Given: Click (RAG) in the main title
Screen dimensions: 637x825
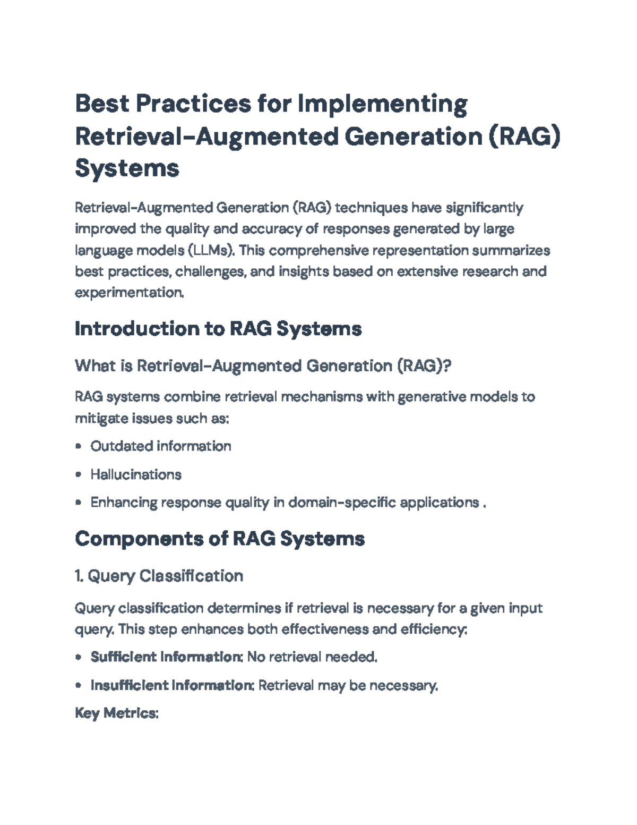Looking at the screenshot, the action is [x=524, y=136].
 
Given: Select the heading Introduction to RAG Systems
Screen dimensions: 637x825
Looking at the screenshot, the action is [x=218, y=329].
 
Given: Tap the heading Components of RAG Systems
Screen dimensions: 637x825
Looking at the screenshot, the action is [x=220, y=539].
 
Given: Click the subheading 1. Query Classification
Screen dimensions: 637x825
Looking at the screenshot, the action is [x=159, y=576].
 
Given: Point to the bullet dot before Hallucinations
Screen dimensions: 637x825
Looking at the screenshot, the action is [x=79, y=474].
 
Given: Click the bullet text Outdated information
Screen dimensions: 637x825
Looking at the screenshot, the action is [x=160, y=446].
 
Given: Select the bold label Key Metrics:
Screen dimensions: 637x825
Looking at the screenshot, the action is [x=117, y=713].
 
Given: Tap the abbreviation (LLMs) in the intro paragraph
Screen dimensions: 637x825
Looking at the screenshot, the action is [x=210, y=250].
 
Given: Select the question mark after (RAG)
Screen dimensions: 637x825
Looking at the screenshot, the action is [x=446, y=366].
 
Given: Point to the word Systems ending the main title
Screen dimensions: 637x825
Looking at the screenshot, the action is [x=127, y=168].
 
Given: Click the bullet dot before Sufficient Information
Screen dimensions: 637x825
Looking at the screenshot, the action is [x=79, y=657].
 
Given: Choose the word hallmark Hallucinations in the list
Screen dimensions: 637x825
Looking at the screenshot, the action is [x=136, y=474].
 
